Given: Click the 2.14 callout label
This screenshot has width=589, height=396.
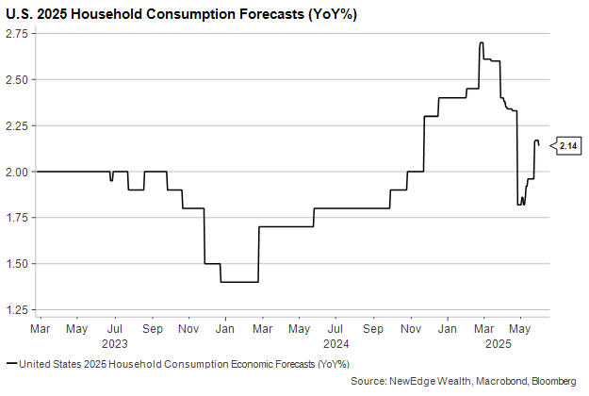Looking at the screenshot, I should click(x=568, y=146).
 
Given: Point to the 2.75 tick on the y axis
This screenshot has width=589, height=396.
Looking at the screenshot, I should click(x=19, y=34).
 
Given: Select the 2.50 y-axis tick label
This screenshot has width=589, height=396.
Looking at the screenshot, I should click(x=19, y=80).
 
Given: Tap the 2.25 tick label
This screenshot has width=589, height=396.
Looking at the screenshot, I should click(x=19, y=125).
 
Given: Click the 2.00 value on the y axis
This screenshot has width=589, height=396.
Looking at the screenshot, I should click(x=19, y=172).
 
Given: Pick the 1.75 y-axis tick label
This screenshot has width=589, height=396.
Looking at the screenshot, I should click(x=19, y=218).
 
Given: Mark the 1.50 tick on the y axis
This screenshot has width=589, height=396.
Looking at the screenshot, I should click(x=19, y=264).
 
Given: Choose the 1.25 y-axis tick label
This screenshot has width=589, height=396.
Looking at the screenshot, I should click(x=19, y=309).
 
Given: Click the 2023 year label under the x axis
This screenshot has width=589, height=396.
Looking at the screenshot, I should click(x=115, y=345).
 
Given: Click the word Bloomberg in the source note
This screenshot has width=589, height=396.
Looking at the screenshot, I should click(x=553, y=381).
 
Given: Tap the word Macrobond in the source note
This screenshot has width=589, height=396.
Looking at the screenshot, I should click(x=496, y=381).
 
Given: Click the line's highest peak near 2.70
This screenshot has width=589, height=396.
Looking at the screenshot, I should click(x=482, y=42).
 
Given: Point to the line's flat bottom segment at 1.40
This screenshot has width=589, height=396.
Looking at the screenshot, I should click(x=238, y=282).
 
